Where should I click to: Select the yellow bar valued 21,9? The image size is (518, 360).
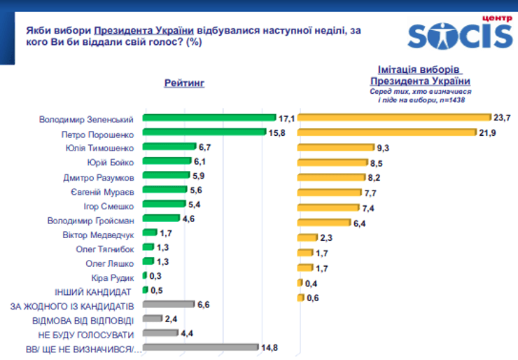click(x=378, y=132)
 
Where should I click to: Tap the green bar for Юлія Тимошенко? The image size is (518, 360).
click(x=167, y=147)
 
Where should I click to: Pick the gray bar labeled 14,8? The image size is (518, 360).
click(x=200, y=347)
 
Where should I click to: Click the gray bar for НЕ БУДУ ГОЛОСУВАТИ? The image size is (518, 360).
click(x=160, y=333)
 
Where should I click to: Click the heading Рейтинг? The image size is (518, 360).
click(x=185, y=83)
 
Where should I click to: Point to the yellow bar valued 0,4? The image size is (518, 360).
click(x=300, y=283)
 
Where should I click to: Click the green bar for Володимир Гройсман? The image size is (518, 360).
click(x=160, y=219)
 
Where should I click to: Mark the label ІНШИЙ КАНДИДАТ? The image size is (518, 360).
click(x=94, y=291)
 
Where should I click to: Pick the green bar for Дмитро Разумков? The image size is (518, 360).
click(x=166, y=176)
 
